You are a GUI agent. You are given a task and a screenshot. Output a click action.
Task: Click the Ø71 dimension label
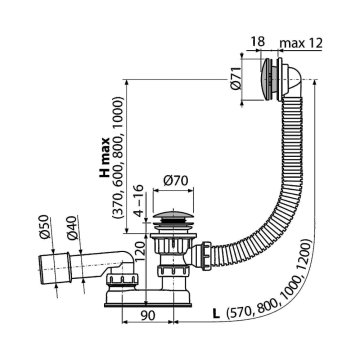click(x=235, y=78)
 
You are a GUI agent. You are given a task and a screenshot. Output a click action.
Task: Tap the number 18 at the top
click(x=257, y=42)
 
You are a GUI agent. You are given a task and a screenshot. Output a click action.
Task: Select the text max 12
click(x=301, y=42)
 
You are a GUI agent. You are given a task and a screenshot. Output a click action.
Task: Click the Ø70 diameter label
click(x=176, y=181)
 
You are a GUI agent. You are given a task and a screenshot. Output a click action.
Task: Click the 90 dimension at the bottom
click(x=147, y=315)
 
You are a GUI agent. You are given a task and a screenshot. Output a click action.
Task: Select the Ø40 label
click(x=72, y=228)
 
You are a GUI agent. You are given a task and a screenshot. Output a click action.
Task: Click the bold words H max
click(x=105, y=157)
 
